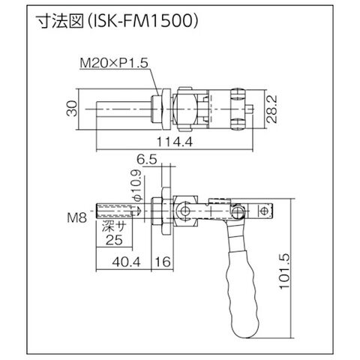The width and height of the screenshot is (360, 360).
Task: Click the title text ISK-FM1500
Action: [x=143, y=21]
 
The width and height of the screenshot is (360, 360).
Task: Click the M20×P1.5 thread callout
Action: [x=114, y=63]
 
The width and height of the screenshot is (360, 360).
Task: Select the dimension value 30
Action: [x=72, y=108]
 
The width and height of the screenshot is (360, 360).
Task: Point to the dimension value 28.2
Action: [x=271, y=109]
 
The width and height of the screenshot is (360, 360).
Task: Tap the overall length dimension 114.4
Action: [x=175, y=142]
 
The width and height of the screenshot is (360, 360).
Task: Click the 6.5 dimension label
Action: [x=147, y=160]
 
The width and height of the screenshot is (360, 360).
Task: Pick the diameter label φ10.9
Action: [x=137, y=185]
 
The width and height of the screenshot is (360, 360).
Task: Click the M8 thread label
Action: [x=77, y=217]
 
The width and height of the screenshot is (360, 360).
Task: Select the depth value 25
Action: [x=114, y=240]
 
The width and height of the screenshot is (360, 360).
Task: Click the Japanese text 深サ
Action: [x=114, y=227]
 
